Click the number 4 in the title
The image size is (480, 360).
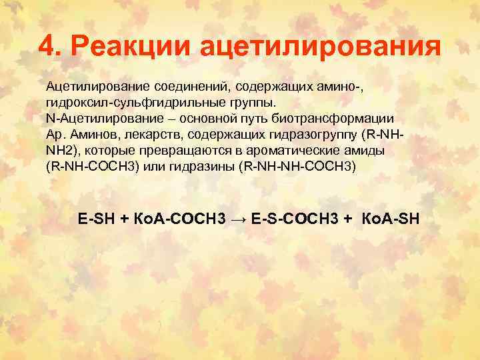(x=47, y=47)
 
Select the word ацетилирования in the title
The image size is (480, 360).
(x=319, y=47)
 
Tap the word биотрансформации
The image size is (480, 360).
(x=338, y=118)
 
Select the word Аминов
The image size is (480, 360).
(x=89, y=134)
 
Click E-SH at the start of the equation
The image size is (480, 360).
(x=97, y=217)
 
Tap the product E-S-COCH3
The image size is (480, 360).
(x=298, y=217)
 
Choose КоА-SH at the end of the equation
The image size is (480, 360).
(x=390, y=217)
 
